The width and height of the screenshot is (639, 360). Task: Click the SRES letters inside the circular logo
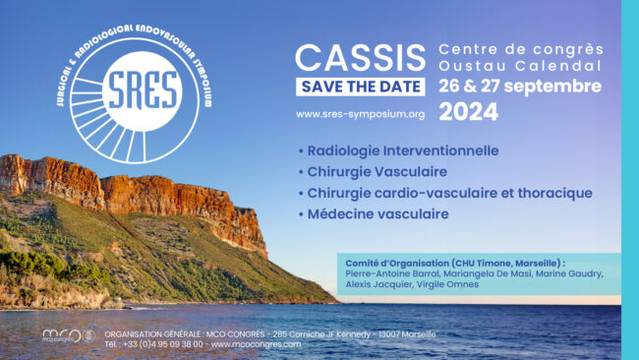pos(144,90)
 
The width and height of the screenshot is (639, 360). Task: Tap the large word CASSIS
pos(360,58)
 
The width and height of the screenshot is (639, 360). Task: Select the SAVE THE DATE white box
pos(361,87)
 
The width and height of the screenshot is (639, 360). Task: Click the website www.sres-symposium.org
pos(360,114)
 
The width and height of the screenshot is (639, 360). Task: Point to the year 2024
pos(469,112)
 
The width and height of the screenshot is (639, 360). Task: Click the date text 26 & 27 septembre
pos(520,86)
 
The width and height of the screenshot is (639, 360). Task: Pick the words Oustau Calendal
pos(520,66)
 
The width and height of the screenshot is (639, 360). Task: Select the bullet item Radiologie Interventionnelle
pos(403,150)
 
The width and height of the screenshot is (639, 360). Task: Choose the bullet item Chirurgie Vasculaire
pos(377,172)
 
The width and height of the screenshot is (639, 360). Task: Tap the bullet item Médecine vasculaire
pos(378,214)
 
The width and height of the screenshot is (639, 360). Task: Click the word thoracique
pos(555,193)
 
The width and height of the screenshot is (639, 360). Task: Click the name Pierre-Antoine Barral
pos(392,273)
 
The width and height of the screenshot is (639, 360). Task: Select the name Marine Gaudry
pos(569,273)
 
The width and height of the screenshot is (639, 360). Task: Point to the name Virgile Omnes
pos(447,284)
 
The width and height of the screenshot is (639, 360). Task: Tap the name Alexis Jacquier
pos(378,284)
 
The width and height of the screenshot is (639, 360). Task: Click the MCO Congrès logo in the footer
pos(69,335)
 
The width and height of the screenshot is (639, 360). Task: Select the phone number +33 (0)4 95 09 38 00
pos(162,344)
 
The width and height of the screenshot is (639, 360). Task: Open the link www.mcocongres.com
pos(256,344)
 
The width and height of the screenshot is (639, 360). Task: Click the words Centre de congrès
pos(521,49)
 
